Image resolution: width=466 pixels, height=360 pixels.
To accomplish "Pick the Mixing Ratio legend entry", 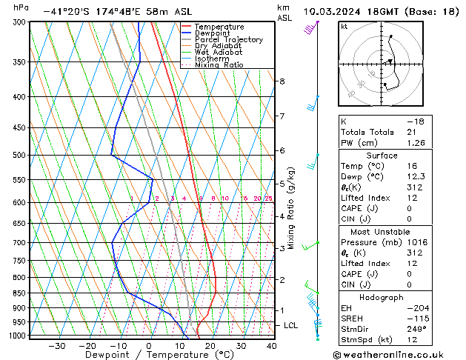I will pos(219,65).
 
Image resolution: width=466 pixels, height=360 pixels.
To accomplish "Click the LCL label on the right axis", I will pos(291,325).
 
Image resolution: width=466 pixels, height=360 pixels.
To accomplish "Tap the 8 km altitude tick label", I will pos(282,81).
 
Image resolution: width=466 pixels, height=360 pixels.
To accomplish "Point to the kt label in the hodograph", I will pos(344,27).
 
